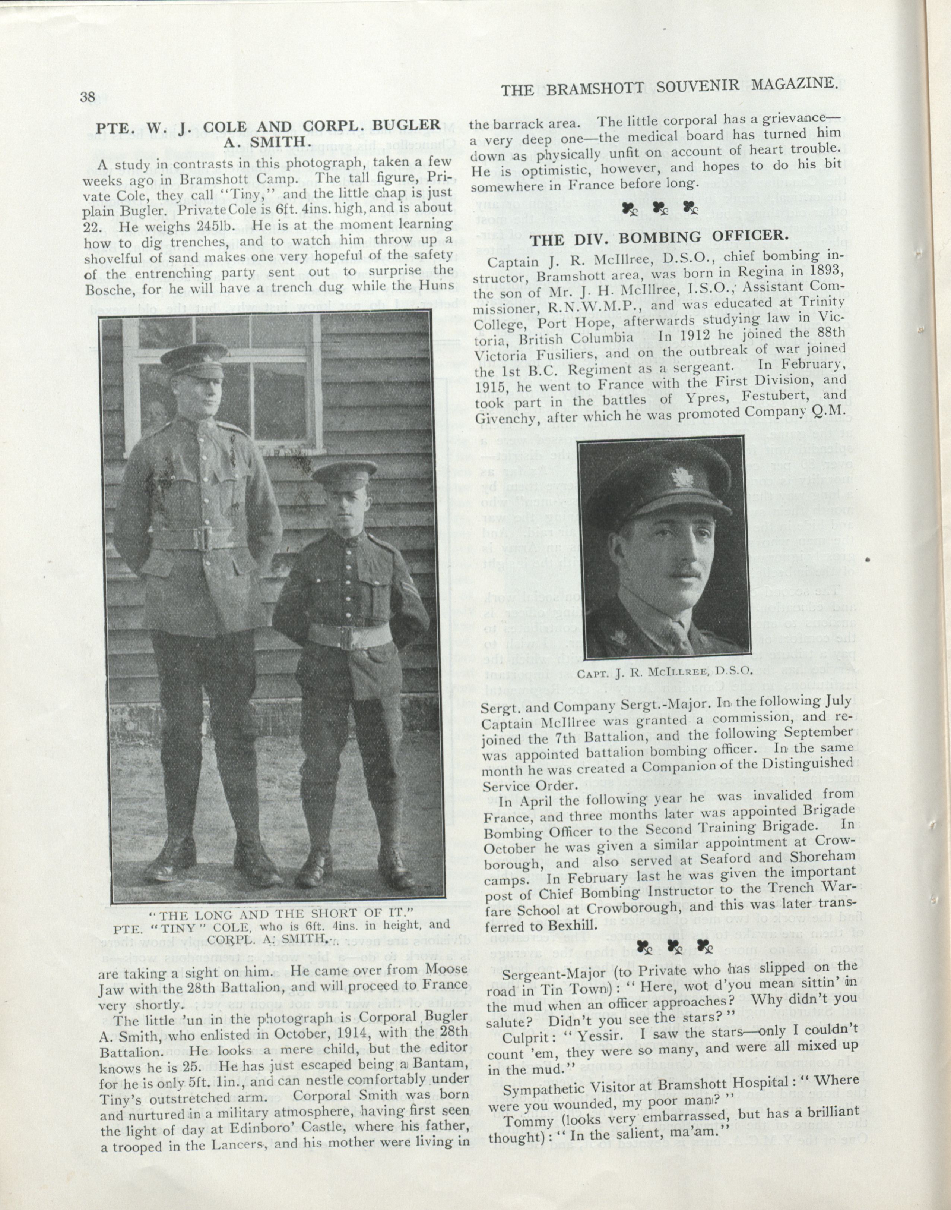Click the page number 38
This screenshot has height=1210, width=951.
pos(88,97)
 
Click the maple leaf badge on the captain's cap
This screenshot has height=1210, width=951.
pos(680,478)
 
